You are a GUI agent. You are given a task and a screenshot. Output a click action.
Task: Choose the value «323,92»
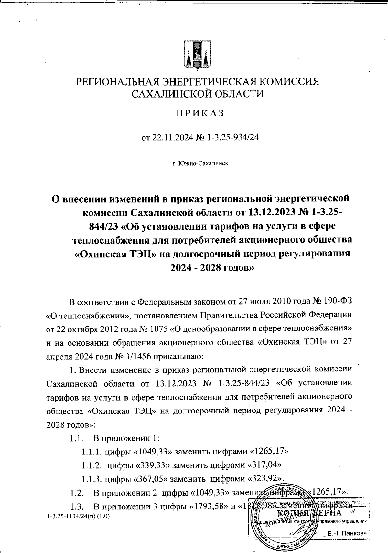265,478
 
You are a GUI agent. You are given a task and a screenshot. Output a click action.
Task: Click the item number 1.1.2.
92,465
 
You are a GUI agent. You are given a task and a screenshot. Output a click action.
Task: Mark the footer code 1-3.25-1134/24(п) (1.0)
78,516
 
